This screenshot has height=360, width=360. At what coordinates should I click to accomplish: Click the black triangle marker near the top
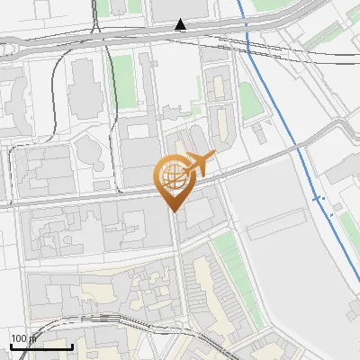[181, 24]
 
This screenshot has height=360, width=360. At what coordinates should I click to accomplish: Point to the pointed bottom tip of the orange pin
[173, 210]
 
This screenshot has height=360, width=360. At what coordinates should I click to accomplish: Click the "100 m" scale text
[22, 337]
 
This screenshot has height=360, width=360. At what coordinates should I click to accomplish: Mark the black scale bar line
[41, 346]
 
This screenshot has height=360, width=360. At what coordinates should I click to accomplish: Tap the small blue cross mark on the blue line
[316, 197]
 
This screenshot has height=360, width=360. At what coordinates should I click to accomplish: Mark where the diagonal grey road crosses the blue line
[298, 143]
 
